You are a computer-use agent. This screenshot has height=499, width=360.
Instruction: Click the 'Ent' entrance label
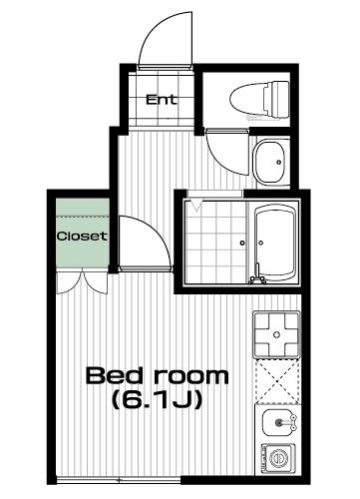coord(162,100)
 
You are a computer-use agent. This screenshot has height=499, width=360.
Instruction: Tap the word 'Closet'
coord(82,237)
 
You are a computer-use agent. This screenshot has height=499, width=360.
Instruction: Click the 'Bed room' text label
coord(158,376)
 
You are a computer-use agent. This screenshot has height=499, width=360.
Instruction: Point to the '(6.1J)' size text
coord(158,399)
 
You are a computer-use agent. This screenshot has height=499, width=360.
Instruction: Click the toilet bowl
coord(247,99)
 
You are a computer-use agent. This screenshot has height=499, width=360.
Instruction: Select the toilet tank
coord(276,99)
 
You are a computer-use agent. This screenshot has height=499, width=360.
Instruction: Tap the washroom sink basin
coord(270,162)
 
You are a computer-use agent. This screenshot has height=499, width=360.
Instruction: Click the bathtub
coord(275,244)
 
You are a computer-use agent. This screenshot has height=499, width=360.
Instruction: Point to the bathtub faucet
coord(256,275)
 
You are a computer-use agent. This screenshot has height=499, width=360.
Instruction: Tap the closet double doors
coord(82,282)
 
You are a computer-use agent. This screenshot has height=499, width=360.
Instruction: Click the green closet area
coord(83,233)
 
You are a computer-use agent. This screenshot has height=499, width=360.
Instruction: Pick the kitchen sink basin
coord(278,422)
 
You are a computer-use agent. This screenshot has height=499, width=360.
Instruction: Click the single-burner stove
coord(278,459)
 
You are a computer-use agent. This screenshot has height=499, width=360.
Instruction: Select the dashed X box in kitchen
coord(277,381)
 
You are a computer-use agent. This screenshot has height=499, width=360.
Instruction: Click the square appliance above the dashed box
coord(276,334)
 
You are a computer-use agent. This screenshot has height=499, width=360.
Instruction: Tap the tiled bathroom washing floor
coord(215,243)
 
